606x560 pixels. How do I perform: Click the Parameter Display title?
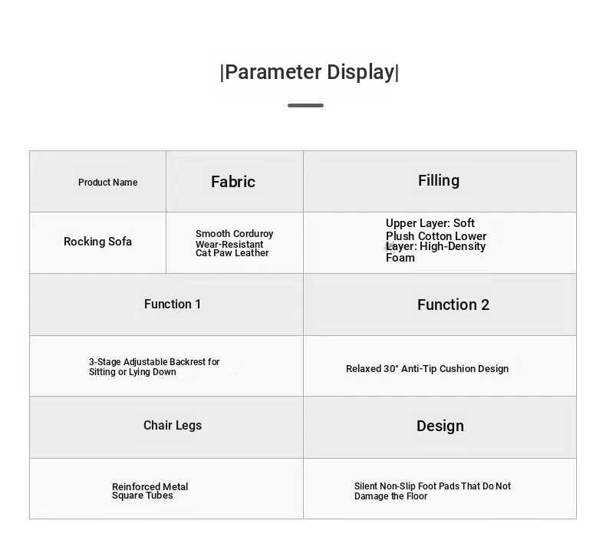309,72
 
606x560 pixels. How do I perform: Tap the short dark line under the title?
305,105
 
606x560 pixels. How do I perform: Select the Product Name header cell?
108,183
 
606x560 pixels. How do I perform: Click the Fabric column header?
233,182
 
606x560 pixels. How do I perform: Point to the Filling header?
439,180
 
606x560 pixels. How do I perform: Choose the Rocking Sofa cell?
97,242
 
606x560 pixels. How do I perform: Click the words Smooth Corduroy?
234,234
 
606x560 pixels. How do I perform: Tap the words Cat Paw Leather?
232,253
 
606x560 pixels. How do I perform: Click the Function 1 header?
173,304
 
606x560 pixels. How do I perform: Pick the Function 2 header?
453,305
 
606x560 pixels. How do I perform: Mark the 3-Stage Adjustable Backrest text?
154,362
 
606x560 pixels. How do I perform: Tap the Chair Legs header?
173,425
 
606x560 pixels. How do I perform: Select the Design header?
440,426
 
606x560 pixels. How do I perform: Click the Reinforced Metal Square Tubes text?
150,491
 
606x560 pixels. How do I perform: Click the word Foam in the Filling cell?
400,258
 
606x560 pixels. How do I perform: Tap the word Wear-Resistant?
229,244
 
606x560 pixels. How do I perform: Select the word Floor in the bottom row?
417,496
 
